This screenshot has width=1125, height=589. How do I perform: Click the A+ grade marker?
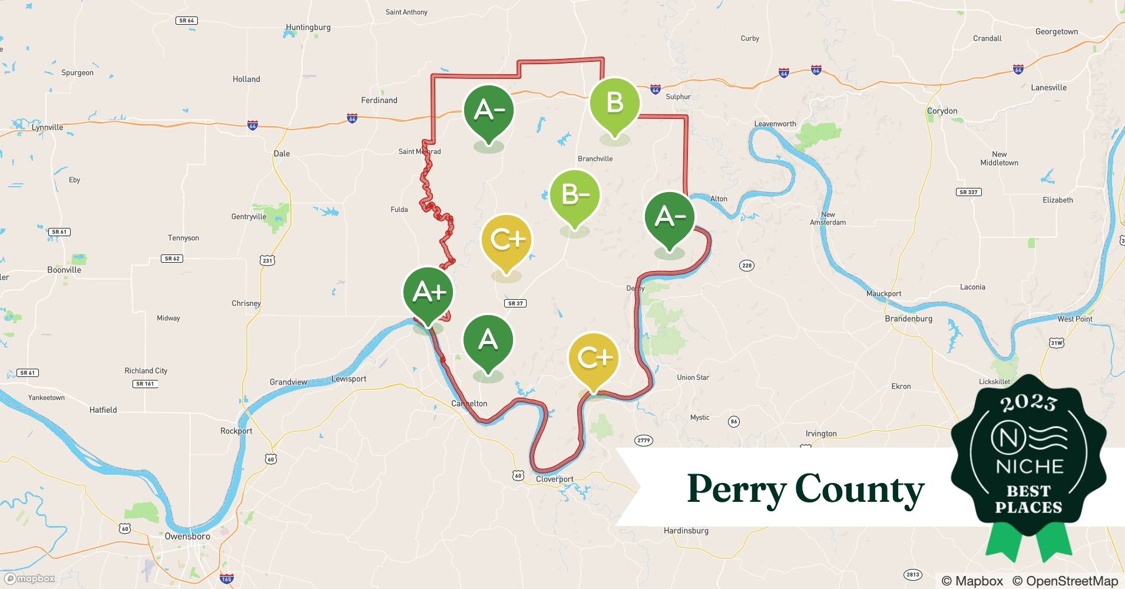coord(428,292)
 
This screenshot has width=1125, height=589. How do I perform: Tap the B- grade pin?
coord(574,195)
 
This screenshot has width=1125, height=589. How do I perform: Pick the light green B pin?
coord(614,103)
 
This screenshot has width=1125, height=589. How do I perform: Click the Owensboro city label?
coord(187,537)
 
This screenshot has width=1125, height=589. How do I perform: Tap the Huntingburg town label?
coord(307,27)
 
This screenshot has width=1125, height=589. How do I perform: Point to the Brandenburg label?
coord(908,319)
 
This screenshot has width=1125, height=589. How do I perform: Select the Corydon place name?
coord(942,111)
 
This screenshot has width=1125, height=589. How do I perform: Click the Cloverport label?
coord(554,479)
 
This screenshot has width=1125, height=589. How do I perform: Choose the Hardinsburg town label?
coord(686,531)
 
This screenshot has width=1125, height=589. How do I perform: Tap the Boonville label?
coord(64,270)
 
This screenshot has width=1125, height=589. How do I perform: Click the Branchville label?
coord(595,158)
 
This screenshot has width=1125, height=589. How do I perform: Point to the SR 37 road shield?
coord(515,303)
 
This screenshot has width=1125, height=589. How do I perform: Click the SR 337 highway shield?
coord(968,192)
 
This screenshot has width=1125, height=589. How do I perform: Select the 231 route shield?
coord(267,260)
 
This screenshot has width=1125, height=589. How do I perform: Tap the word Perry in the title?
coord(736,489)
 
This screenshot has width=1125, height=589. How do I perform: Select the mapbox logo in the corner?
coord(30,578)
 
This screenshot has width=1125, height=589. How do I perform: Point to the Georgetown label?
coord(1057,32)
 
